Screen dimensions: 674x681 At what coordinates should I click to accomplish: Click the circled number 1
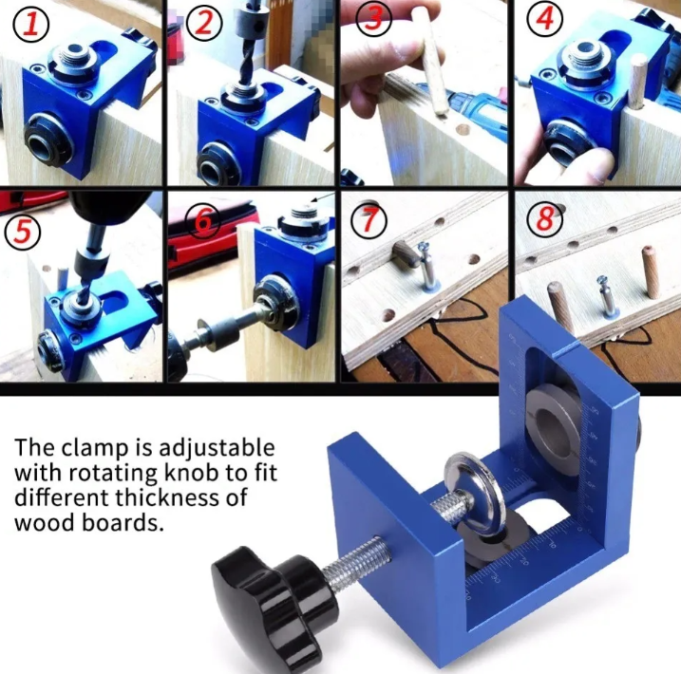(30, 25)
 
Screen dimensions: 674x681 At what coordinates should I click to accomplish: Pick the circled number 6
(202, 221)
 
